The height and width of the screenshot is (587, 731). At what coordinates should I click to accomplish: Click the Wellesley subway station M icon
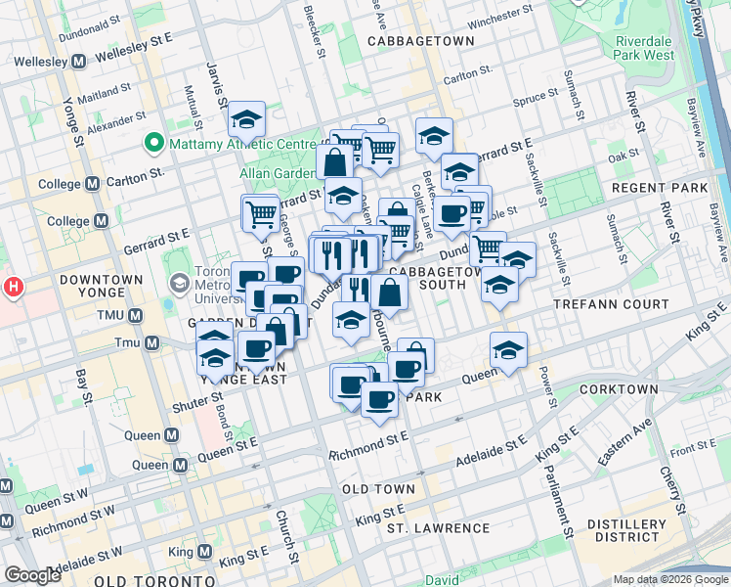point(78,61)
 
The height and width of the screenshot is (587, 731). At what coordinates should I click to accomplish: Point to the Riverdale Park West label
point(645,48)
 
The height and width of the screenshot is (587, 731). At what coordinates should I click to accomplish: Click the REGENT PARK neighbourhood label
point(671,187)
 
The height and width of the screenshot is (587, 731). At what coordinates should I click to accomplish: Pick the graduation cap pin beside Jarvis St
point(247,120)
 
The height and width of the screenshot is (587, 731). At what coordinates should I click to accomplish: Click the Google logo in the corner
point(32,575)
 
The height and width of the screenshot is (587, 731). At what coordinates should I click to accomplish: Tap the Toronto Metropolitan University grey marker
point(179,284)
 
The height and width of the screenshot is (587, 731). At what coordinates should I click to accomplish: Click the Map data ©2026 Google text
point(671,579)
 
